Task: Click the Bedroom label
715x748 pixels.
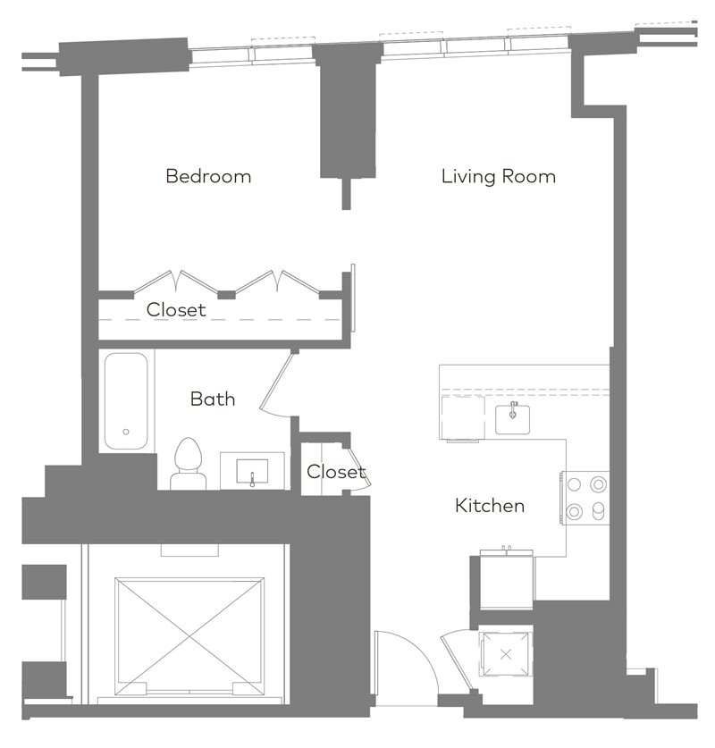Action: (208, 176)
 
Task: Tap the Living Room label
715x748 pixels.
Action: (499, 177)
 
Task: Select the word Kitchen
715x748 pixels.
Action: (490, 506)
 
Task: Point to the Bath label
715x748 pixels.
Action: (213, 399)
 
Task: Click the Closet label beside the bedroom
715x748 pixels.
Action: (176, 309)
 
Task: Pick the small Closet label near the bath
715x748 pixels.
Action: (336, 472)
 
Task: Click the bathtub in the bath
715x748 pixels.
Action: (126, 401)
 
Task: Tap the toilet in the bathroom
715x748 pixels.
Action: (189, 464)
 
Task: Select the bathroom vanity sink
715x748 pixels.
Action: (252, 472)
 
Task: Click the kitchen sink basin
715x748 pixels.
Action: (513, 419)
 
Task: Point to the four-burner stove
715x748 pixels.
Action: (585, 498)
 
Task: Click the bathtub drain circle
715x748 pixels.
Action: (126, 432)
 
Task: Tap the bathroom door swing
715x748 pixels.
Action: (277, 382)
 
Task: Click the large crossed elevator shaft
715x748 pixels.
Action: (189, 636)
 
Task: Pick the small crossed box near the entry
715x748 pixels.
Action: (506, 654)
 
